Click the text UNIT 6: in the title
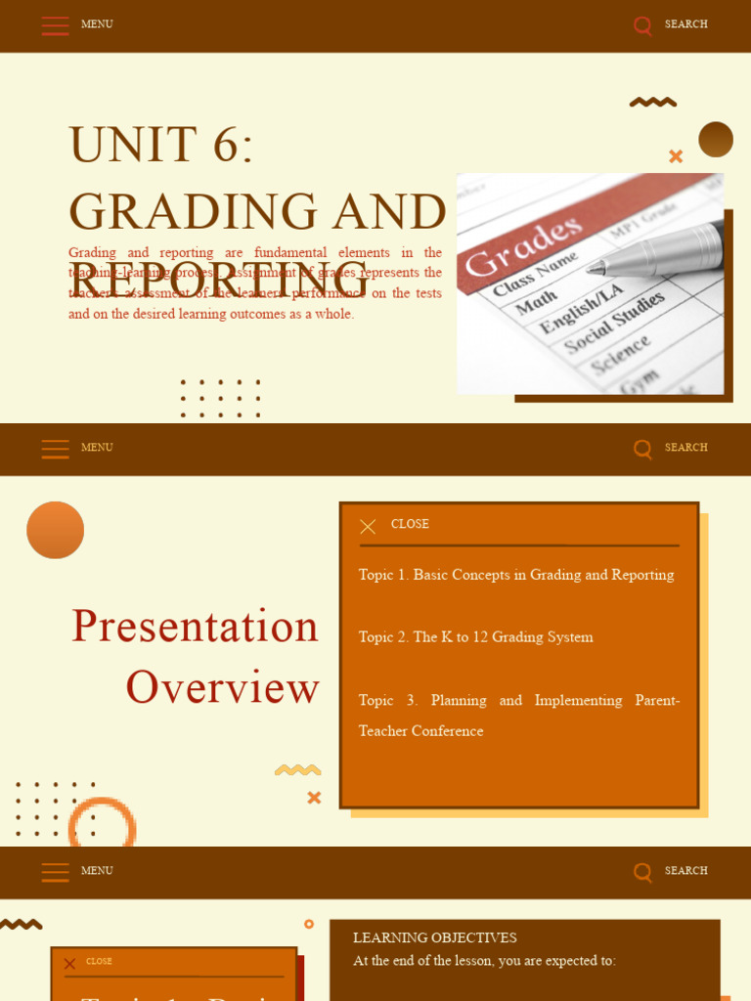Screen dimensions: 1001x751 point(161,145)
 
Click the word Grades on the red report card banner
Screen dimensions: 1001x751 point(523,246)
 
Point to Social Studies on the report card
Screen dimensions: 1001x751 point(614,323)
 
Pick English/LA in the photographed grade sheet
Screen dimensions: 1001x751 point(581,307)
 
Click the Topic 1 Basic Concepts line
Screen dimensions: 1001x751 point(516,575)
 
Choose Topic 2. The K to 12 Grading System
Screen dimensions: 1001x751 point(475,637)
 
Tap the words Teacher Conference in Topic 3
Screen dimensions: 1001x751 point(420,731)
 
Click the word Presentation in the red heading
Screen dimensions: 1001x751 point(196,626)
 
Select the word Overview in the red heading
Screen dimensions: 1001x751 point(222,687)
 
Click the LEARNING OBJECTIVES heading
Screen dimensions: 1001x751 point(434,938)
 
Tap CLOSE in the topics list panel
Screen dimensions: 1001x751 point(410,525)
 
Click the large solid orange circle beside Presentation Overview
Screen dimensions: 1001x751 point(56,530)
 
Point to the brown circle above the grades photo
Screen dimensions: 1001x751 point(716,139)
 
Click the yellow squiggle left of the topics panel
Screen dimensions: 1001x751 point(298,770)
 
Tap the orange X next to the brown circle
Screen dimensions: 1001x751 point(676,156)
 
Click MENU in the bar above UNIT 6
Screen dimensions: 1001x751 point(97,24)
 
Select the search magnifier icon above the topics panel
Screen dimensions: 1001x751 point(642,449)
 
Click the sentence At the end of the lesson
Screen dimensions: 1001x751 point(484,961)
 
